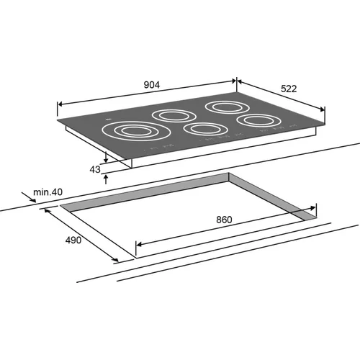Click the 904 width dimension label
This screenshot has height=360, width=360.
coord(151,85)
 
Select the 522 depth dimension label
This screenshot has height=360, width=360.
coord(289,89)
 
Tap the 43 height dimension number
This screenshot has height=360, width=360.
coord(95,169)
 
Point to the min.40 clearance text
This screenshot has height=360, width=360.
coord(48,192)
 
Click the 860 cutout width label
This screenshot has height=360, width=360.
coord(224,220)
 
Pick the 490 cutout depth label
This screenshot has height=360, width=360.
coord(73,240)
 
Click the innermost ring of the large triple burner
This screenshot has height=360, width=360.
coord(137,131)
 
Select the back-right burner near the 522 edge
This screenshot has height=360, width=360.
coord(227,107)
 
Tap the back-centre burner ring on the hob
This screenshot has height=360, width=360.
coord(174,116)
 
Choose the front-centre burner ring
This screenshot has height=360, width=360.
coord(205,129)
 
